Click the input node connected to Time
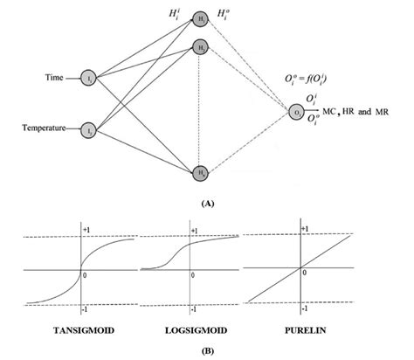click(86, 80)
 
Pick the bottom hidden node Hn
click(203, 172)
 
